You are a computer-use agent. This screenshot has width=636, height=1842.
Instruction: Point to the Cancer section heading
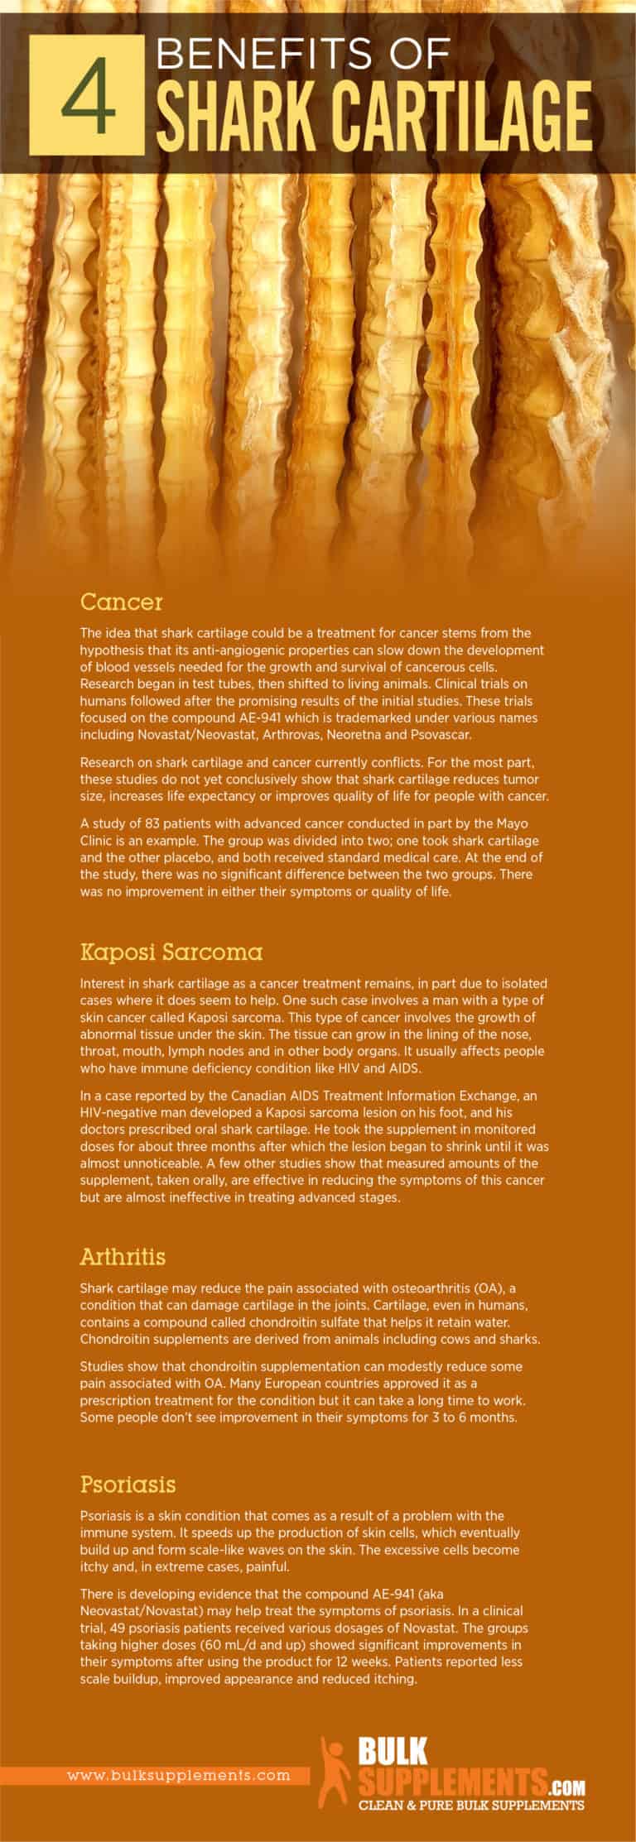(x=121, y=601)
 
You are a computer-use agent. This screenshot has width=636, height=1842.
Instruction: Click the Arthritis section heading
(x=123, y=1256)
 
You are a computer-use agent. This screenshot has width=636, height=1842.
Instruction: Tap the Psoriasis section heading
(x=128, y=1484)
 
